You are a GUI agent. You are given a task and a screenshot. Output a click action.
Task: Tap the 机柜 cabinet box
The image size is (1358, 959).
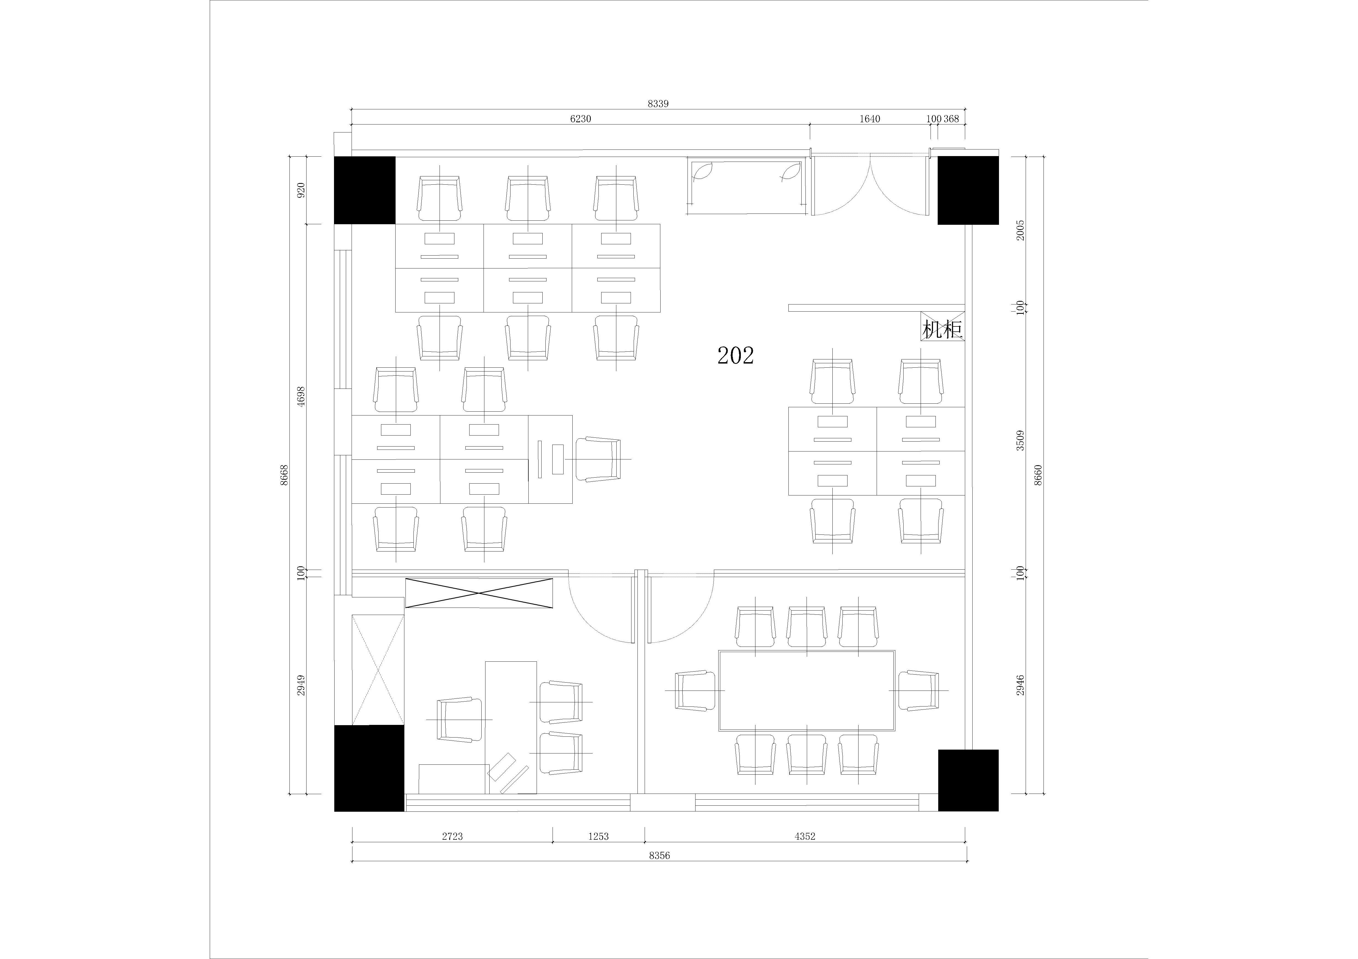click(x=943, y=326)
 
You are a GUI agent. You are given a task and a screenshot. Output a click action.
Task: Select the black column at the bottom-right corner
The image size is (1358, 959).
click(x=968, y=780)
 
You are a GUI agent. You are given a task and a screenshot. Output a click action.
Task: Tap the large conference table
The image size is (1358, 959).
click(x=807, y=691)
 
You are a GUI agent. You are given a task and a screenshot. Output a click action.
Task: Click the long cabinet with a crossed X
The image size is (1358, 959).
click(x=479, y=593)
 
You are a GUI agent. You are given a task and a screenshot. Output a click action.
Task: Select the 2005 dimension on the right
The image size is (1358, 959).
click(x=1020, y=230)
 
